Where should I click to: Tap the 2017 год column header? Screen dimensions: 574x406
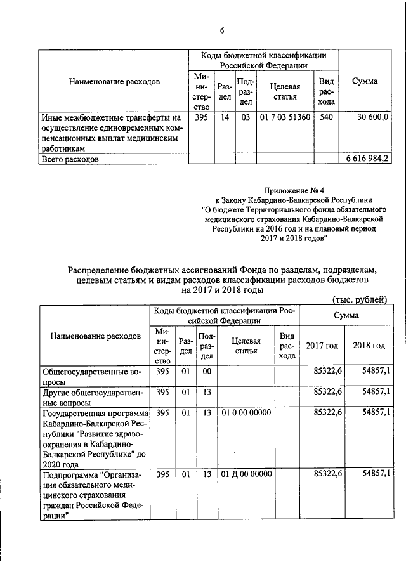pyautogui.click(x=322, y=346)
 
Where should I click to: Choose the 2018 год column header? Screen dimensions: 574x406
pyautogui.click(x=369, y=346)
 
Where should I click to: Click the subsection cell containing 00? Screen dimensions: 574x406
pyautogui.click(x=206, y=371)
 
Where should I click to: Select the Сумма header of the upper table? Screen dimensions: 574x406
pyautogui.click(x=365, y=81)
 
